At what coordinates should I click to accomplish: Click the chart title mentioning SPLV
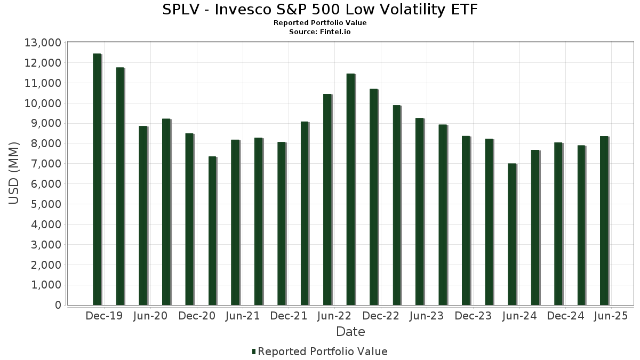(320, 10)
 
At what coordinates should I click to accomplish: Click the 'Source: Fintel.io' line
(320, 32)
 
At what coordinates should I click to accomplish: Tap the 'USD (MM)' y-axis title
(14, 173)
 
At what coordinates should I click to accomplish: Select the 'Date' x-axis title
(350, 332)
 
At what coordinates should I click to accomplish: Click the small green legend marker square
(254, 351)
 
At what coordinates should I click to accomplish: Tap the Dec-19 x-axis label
(104, 316)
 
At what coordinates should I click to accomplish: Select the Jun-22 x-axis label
(334, 316)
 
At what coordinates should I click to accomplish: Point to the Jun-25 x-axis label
(611, 316)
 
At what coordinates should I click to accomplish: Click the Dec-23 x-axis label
(473, 316)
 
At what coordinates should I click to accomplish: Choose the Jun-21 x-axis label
(243, 316)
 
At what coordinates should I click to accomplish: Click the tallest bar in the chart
(97, 179)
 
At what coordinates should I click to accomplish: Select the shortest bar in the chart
(512, 234)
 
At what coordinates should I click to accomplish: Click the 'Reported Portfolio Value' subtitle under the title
(320, 23)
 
